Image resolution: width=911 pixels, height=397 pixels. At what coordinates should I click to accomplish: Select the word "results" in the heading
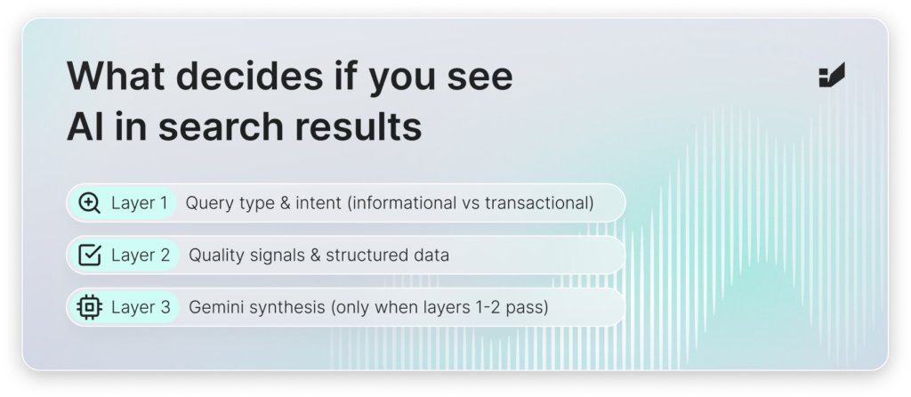click(359, 126)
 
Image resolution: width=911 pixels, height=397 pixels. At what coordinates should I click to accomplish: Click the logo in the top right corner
click(832, 75)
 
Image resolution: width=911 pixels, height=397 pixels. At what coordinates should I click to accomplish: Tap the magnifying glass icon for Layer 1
click(90, 204)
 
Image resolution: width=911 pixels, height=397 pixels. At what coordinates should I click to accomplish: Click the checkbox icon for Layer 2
click(90, 255)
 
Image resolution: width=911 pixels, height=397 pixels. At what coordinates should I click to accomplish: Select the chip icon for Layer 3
click(90, 307)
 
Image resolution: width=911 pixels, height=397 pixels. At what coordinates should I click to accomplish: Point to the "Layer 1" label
click(139, 204)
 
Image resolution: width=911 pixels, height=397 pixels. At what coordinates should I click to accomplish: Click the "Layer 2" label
click(141, 255)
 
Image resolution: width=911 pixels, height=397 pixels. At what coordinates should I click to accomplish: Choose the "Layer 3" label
click(141, 307)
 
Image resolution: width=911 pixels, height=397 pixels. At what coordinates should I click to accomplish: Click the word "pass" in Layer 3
click(526, 308)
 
